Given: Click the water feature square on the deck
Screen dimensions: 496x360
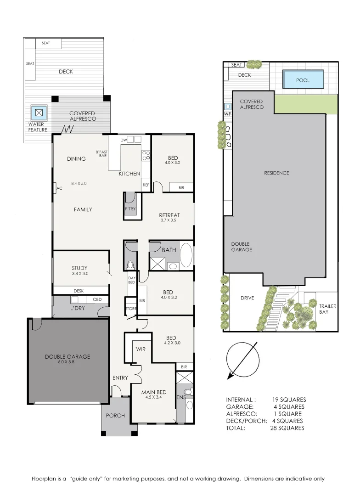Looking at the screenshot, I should point(39,112).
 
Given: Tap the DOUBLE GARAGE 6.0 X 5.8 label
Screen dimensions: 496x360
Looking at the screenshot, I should point(67,359).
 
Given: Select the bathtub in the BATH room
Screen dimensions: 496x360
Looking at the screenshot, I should point(186,256).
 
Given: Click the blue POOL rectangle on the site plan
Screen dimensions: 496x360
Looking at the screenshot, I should point(303,79).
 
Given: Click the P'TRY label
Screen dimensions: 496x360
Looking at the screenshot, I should point(131,209).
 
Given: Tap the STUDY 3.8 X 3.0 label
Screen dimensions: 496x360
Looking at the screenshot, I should point(79,271).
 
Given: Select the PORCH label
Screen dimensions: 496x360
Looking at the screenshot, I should point(115,416).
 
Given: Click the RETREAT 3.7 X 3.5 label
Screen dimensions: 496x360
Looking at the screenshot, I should point(169,217).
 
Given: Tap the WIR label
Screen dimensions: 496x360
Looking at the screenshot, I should point(141,349).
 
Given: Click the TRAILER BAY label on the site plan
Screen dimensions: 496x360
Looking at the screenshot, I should point(327,309).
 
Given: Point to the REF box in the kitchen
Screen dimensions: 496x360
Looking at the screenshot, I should point(146,185).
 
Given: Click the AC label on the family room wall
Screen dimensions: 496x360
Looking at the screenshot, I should point(59,188).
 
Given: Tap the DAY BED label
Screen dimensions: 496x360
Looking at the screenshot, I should point(131,280).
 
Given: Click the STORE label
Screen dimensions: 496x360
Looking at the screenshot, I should point(131,309).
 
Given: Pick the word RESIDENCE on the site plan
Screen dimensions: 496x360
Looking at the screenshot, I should point(276,173).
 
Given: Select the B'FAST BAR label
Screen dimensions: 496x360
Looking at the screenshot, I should point(101,154).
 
